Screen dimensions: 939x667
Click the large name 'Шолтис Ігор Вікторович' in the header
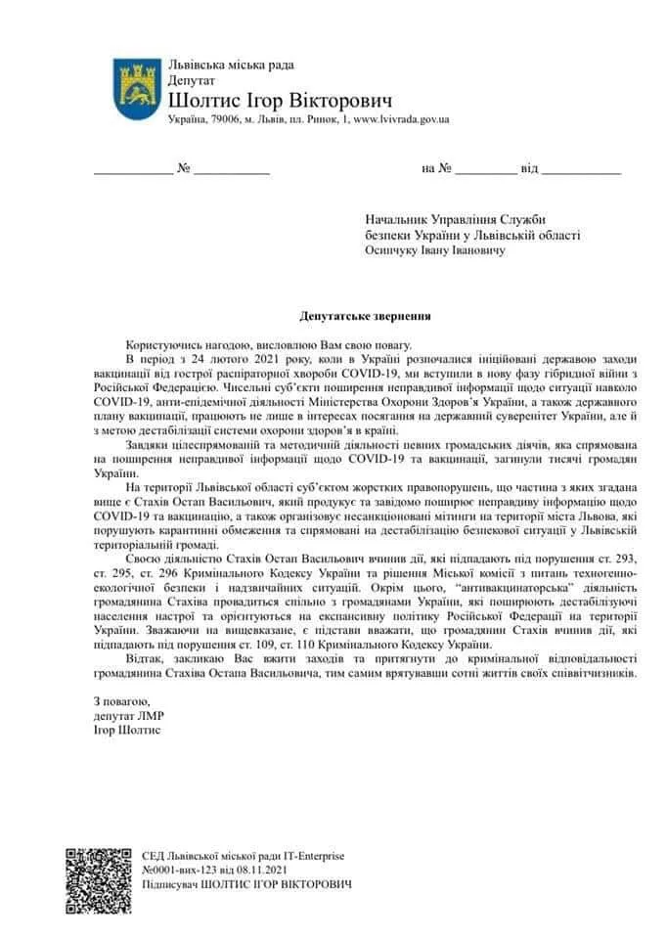click(280, 100)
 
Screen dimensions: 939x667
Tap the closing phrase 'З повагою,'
click(122, 702)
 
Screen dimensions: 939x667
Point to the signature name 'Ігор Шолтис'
click(127, 730)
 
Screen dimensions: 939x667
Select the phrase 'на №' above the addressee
click(436, 168)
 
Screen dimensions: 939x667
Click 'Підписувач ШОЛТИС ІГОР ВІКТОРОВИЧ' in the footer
click(246, 884)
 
